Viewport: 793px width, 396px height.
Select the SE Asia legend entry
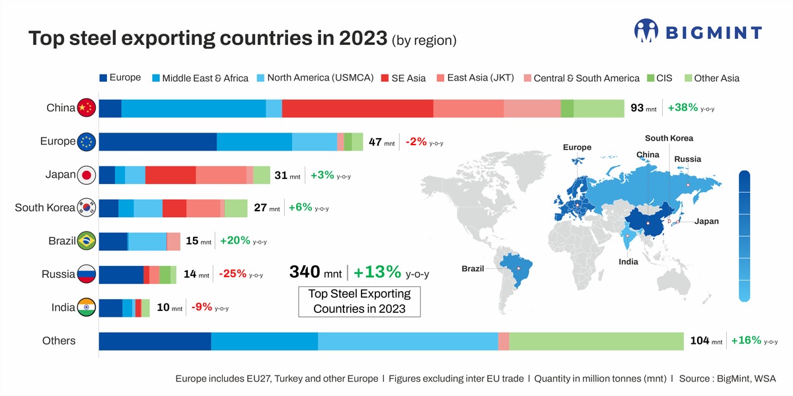tap(403, 78)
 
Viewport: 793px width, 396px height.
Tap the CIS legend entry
tap(659, 78)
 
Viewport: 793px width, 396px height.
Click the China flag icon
tap(87, 108)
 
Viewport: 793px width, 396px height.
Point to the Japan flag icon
tap(87, 175)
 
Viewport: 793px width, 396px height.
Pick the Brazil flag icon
tap(87, 241)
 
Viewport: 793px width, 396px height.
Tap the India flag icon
tap(87, 308)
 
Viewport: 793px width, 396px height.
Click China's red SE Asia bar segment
tap(358, 108)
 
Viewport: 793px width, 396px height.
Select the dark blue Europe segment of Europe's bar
tap(157, 141)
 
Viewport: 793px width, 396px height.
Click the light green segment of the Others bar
tap(596, 341)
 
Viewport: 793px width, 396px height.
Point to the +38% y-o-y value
tap(683, 108)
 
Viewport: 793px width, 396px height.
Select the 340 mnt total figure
tap(315, 272)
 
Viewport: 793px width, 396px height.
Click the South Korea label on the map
tap(669, 139)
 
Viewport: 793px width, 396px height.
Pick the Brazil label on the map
tap(472, 269)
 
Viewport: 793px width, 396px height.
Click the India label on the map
tap(628, 262)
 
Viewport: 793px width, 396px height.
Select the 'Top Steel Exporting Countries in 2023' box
tap(359, 302)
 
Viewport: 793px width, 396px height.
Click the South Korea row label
tap(45, 208)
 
